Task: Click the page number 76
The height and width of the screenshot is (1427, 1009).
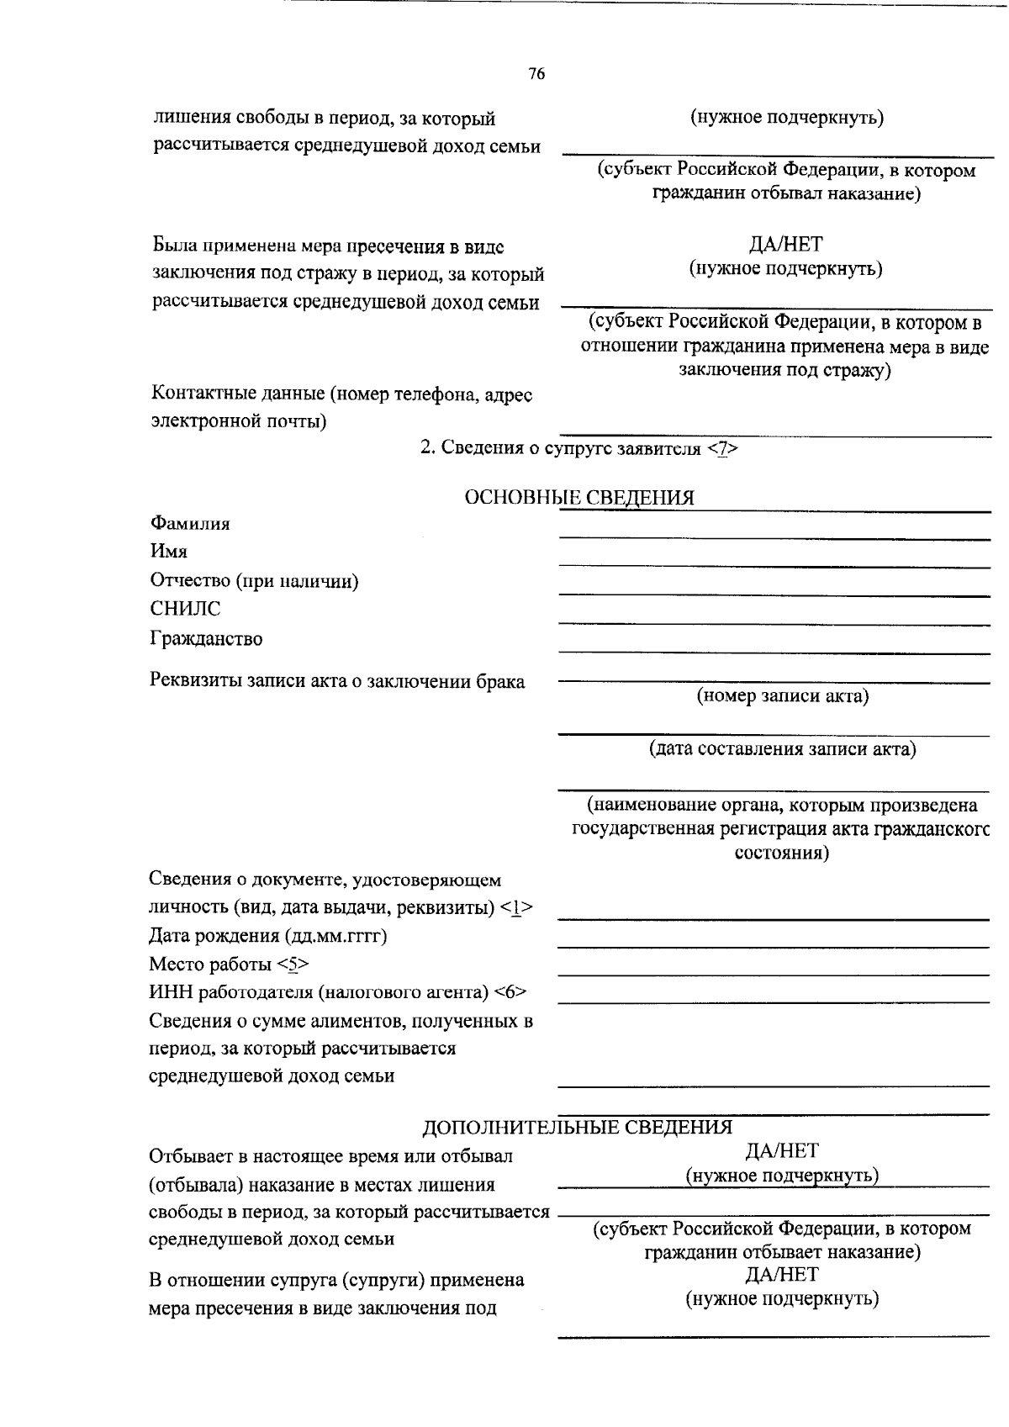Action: (536, 75)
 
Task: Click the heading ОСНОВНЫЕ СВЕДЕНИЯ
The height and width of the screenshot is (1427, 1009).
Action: (579, 498)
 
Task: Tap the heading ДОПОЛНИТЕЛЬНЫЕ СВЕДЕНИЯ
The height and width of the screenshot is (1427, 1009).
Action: (577, 1127)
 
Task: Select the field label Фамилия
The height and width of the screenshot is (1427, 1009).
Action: (190, 524)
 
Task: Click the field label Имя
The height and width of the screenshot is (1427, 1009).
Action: (169, 552)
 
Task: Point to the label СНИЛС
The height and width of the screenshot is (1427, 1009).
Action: (185, 609)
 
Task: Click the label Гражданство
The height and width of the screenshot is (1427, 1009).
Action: (206, 639)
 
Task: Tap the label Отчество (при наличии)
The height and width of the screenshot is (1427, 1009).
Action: (255, 581)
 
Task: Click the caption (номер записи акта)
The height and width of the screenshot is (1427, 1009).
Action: (782, 696)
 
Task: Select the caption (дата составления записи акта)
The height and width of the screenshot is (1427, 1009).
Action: (782, 749)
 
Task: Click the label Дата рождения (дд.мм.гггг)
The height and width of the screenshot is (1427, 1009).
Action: (267, 936)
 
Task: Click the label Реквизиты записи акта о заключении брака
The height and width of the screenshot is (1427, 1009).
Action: (337, 682)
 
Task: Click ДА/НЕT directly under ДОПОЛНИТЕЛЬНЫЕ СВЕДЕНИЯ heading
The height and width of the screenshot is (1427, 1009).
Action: (782, 1151)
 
